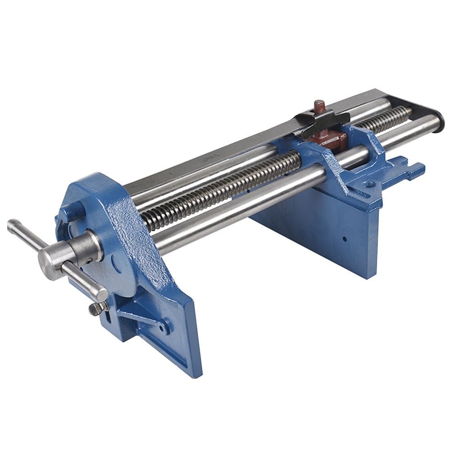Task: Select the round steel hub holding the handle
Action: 68,253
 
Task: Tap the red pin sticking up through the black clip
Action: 320,107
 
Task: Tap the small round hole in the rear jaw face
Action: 344,239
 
